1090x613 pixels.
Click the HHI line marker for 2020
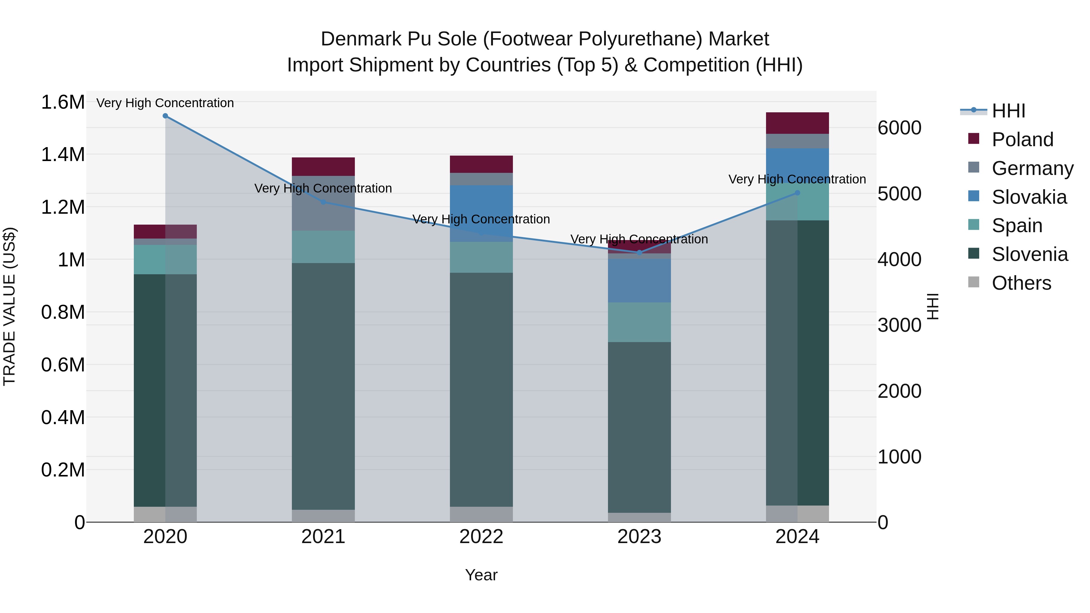click(165, 116)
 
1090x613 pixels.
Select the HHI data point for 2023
click(639, 252)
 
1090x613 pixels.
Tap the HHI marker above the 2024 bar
click(797, 193)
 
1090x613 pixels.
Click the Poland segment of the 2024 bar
click(797, 123)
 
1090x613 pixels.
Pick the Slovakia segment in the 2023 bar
click(639, 281)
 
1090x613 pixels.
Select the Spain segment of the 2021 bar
click(323, 247)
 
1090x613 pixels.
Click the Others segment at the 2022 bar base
click(481, 514)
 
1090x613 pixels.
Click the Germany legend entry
click(1032, 168)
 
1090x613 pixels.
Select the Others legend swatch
click(974, 282)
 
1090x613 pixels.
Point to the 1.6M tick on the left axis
click(63, 102)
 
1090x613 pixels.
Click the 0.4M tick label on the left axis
click(63, 417)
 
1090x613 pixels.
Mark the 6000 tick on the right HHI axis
click(900, 128)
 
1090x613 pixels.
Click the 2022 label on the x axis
click(481, 537)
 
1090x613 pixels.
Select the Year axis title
click(481, 575)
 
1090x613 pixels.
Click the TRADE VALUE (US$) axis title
click(9, 306)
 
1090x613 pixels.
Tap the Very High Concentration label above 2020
click(165, 103)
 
